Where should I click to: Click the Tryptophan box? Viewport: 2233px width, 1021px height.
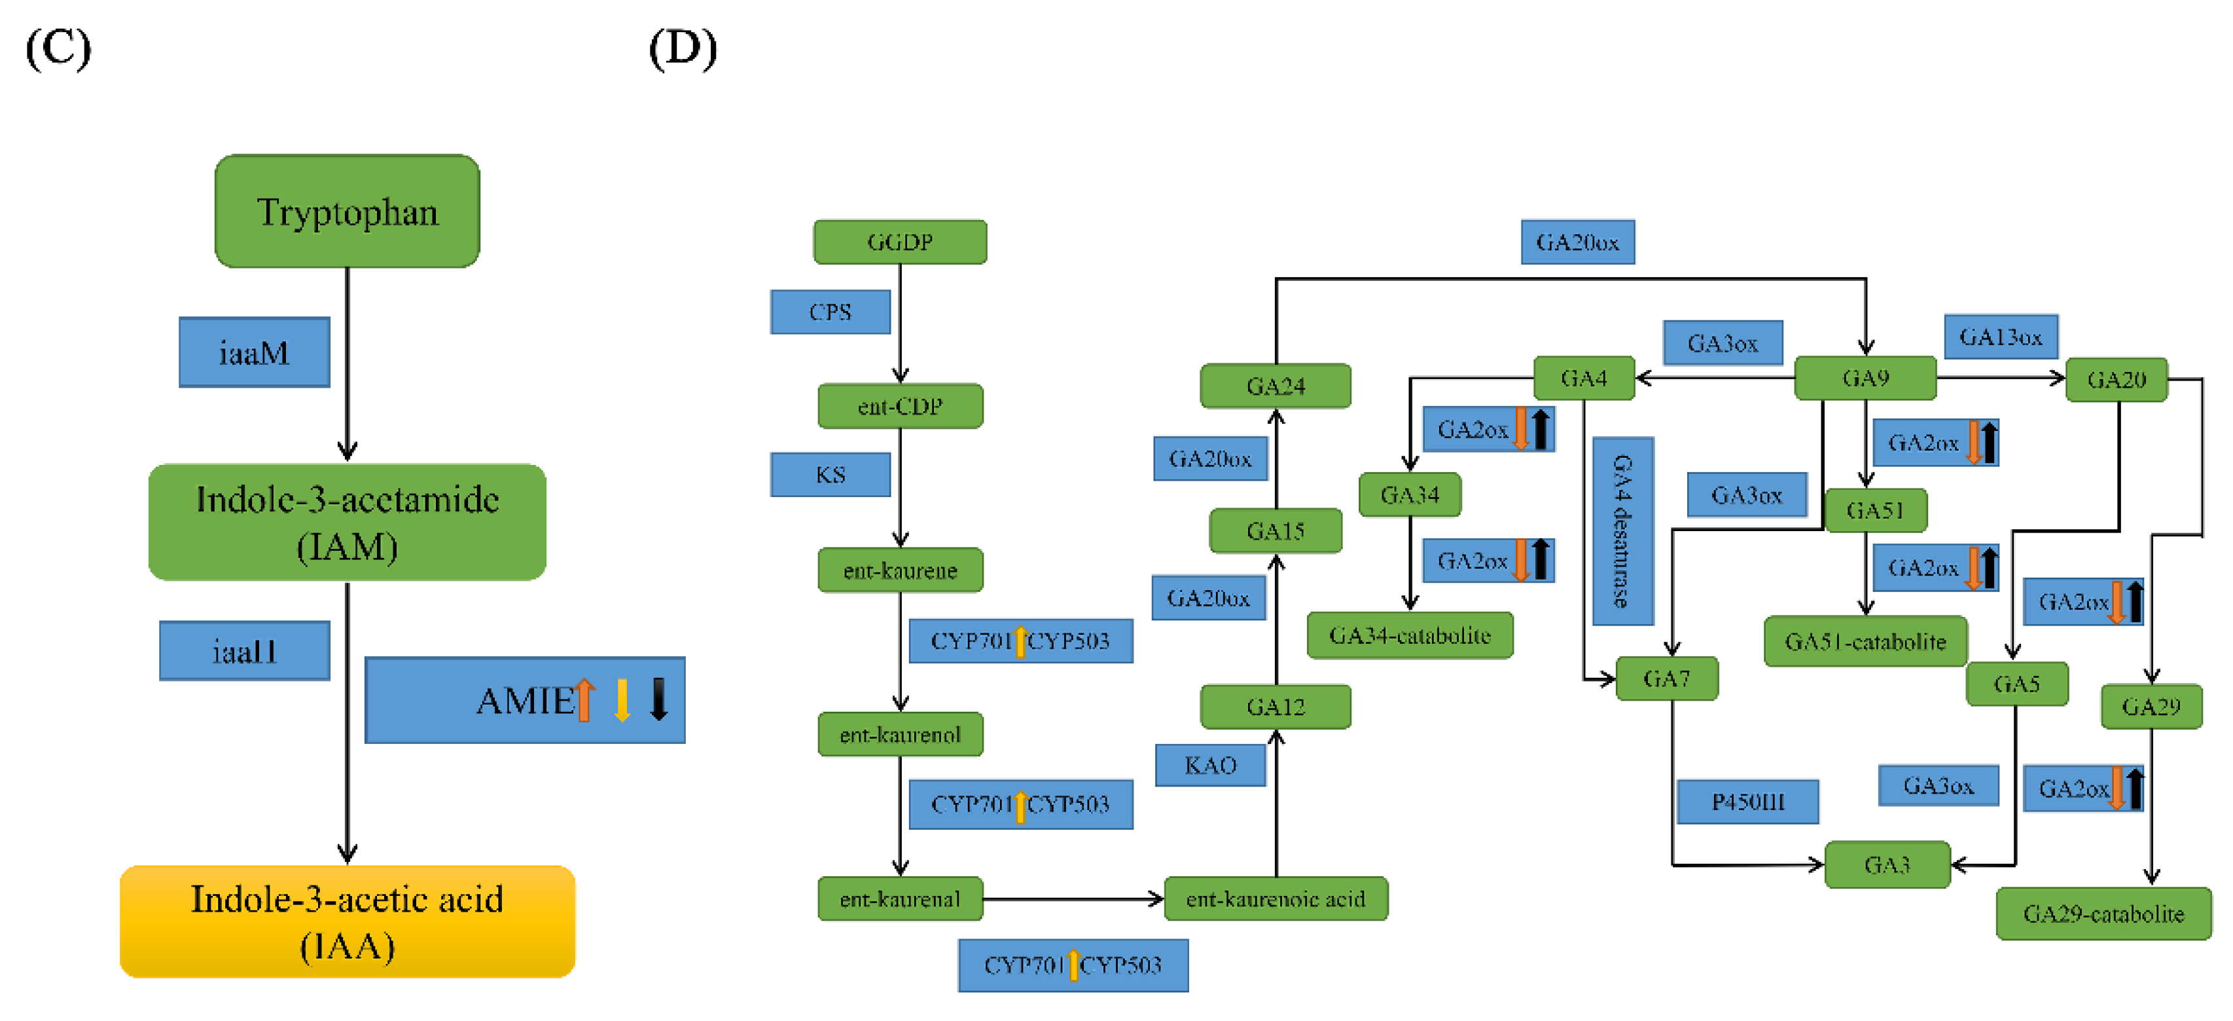tap(347, 211)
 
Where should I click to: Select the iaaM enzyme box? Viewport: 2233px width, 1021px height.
tap(254, 352)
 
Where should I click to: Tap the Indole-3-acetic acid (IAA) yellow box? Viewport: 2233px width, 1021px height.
tap(347, 921)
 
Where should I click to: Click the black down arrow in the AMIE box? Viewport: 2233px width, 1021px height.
tap(659, 699)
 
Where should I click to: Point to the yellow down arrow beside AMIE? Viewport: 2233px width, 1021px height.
tap(622, 700)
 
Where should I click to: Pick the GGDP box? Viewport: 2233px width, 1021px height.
tap(900, 242)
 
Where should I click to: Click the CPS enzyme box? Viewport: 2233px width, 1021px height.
tap(831, 312)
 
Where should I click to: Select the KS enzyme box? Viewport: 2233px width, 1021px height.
tap(831, 475)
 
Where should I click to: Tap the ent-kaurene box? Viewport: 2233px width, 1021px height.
tap(900, 570)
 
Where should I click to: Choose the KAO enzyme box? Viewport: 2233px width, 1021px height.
tap(1210, 765)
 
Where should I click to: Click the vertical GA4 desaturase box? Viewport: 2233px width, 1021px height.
tap(1623, 531)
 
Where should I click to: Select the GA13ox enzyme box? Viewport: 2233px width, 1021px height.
tap(2001, 337)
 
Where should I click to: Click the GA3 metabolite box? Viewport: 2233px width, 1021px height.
tap(1887, 865)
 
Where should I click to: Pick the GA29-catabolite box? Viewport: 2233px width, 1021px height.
tap(2104, 914)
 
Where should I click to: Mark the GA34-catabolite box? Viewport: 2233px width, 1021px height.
tap(1410, 636)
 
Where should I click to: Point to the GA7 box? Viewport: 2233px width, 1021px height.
tap(1667, 678)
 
